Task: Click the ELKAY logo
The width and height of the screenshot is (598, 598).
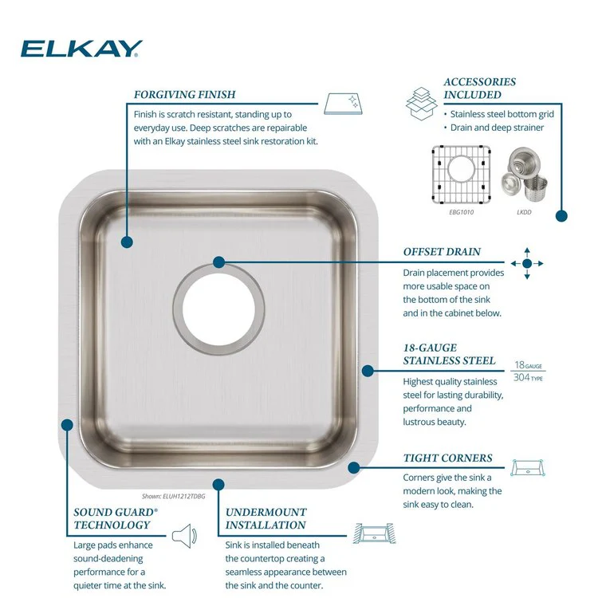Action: [81, 49]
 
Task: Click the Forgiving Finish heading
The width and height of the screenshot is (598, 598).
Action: [184, 94]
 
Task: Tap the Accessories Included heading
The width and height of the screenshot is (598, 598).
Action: [479, 88]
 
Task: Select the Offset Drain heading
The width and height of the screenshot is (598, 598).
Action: [442, 252]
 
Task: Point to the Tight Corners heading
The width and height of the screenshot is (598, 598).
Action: [447, 458]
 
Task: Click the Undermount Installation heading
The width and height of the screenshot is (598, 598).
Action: [266, 518]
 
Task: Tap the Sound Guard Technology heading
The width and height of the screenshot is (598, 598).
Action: [112, 518]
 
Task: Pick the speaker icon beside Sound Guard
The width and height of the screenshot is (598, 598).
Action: [183, 533]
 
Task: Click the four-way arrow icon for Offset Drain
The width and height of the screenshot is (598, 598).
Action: [526, 263]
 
